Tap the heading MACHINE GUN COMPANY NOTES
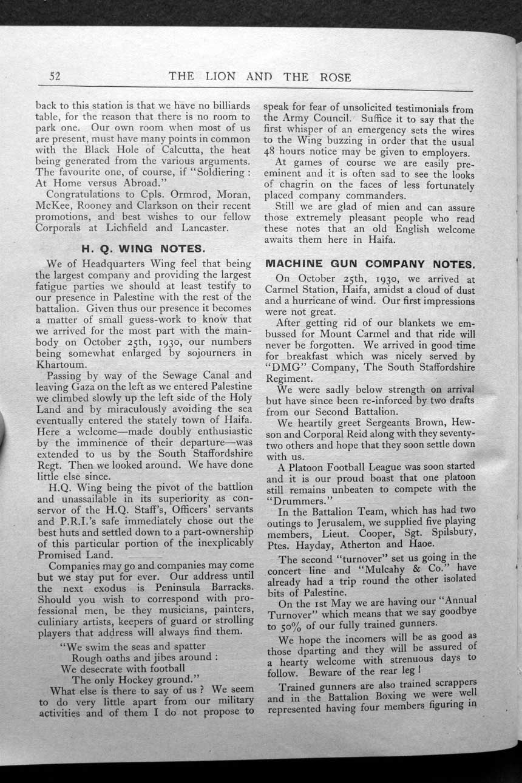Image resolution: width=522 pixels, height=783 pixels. (x=370, y=265)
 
